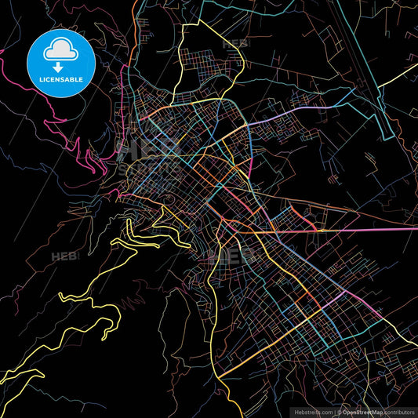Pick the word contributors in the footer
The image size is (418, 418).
point(394,411)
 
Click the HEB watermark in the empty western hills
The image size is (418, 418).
point(63,256)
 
